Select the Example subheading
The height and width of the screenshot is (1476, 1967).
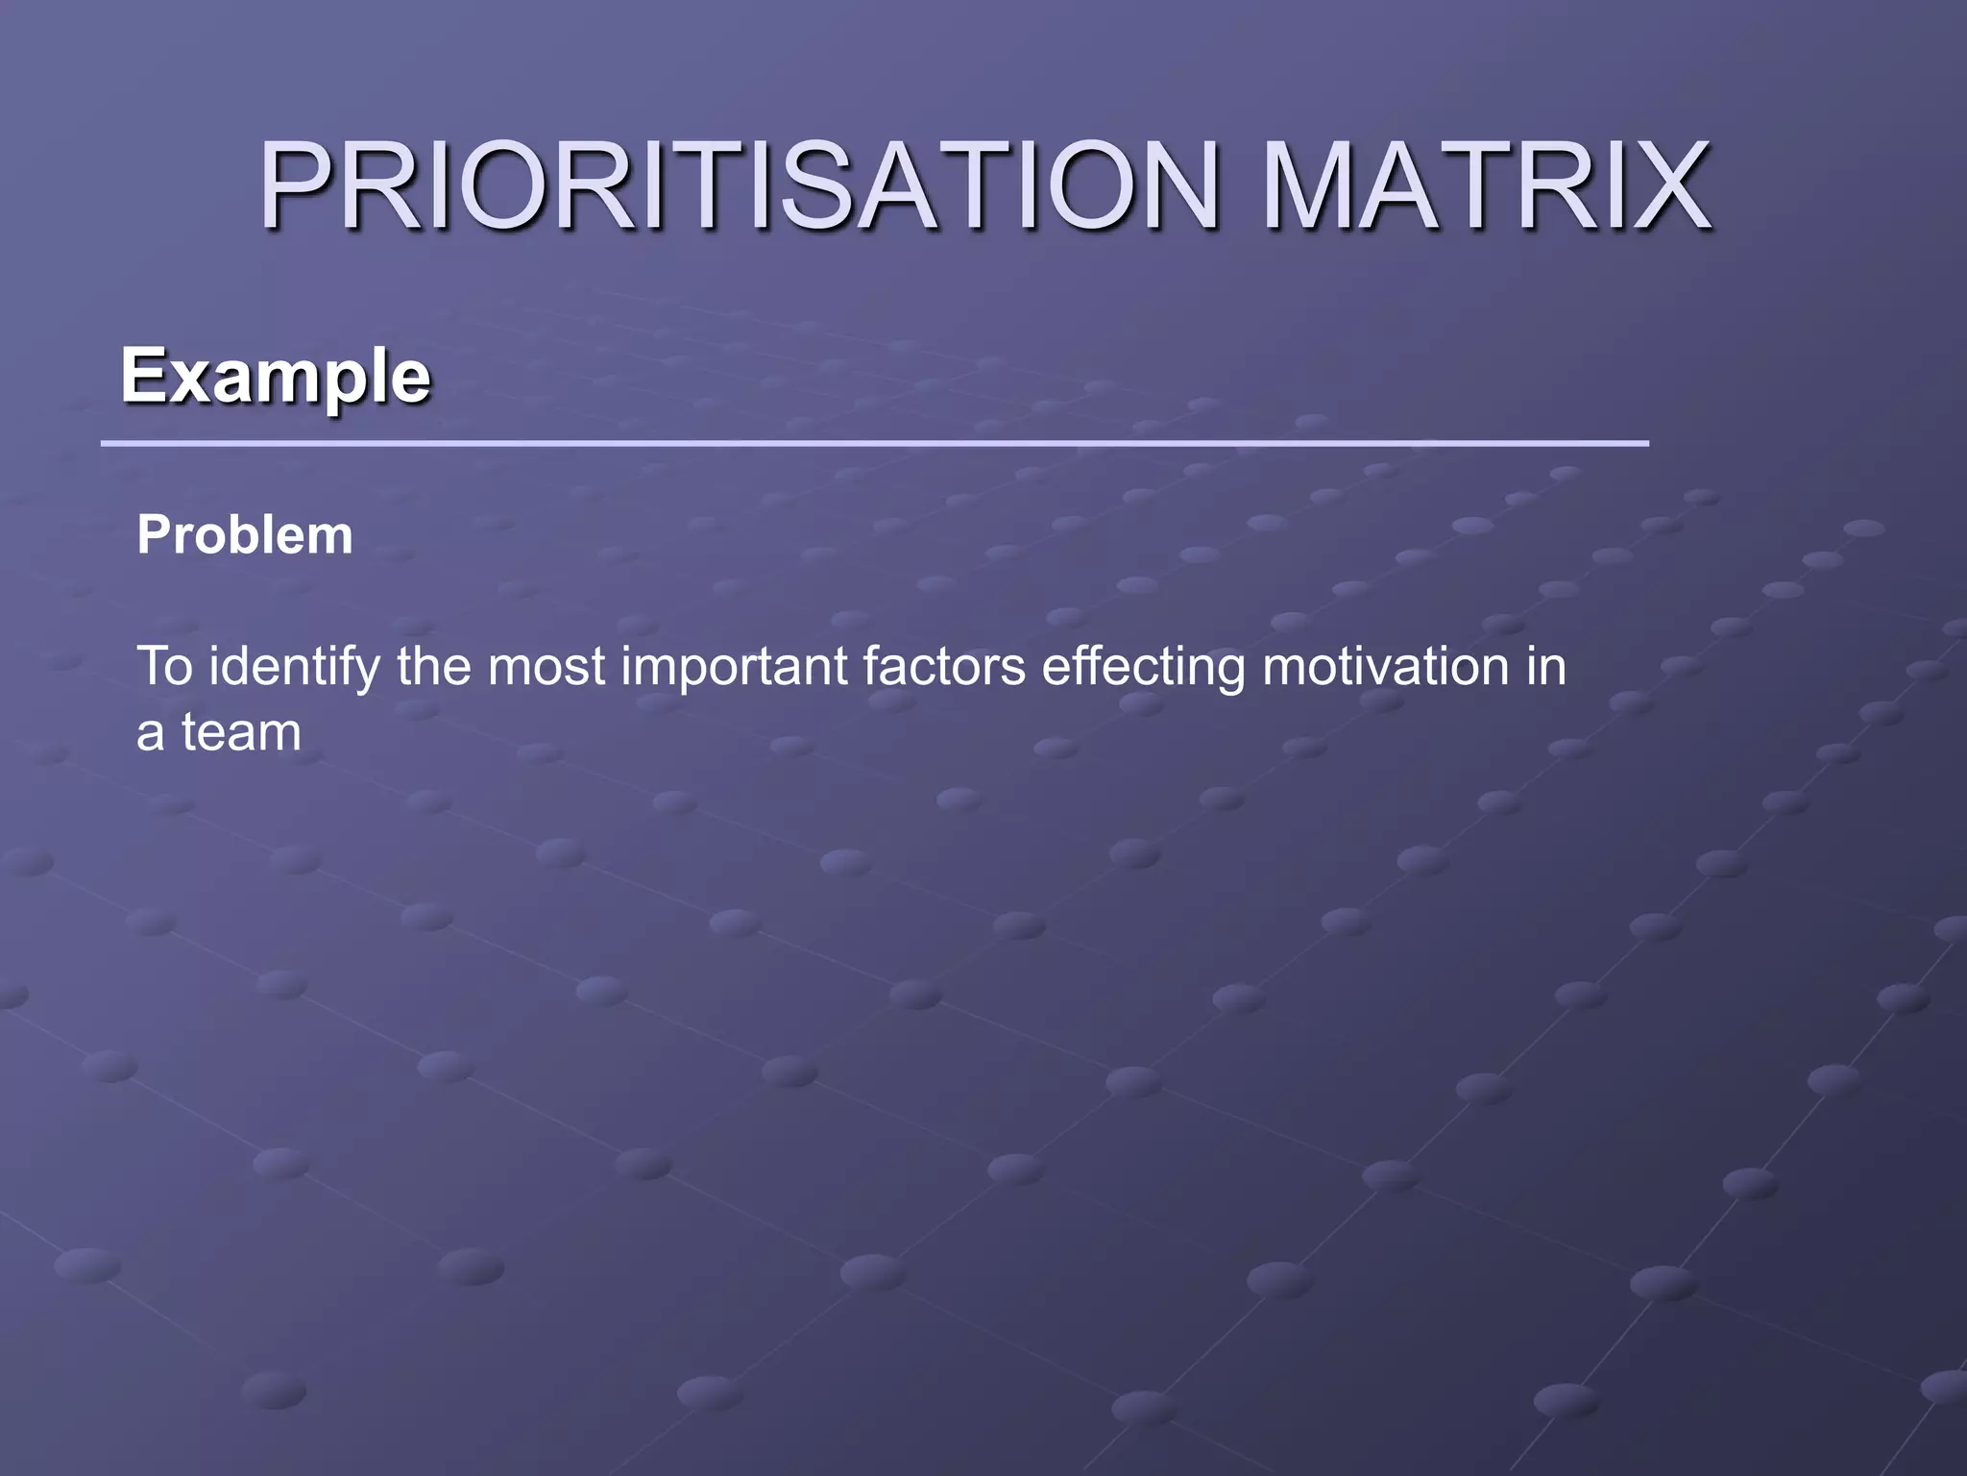(x=276, y=377)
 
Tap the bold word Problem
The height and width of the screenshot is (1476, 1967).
(x=245, y=535)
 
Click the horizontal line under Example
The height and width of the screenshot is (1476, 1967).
(x=874, y=444)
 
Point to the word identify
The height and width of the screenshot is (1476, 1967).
(x=294, y=668)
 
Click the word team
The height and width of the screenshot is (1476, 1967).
(x=241, y=732)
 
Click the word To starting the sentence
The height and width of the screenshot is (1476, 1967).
(x=165, y=666)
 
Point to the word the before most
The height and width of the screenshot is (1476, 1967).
(x=433, y=666)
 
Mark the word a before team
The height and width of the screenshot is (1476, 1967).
(x=150, y=735)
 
